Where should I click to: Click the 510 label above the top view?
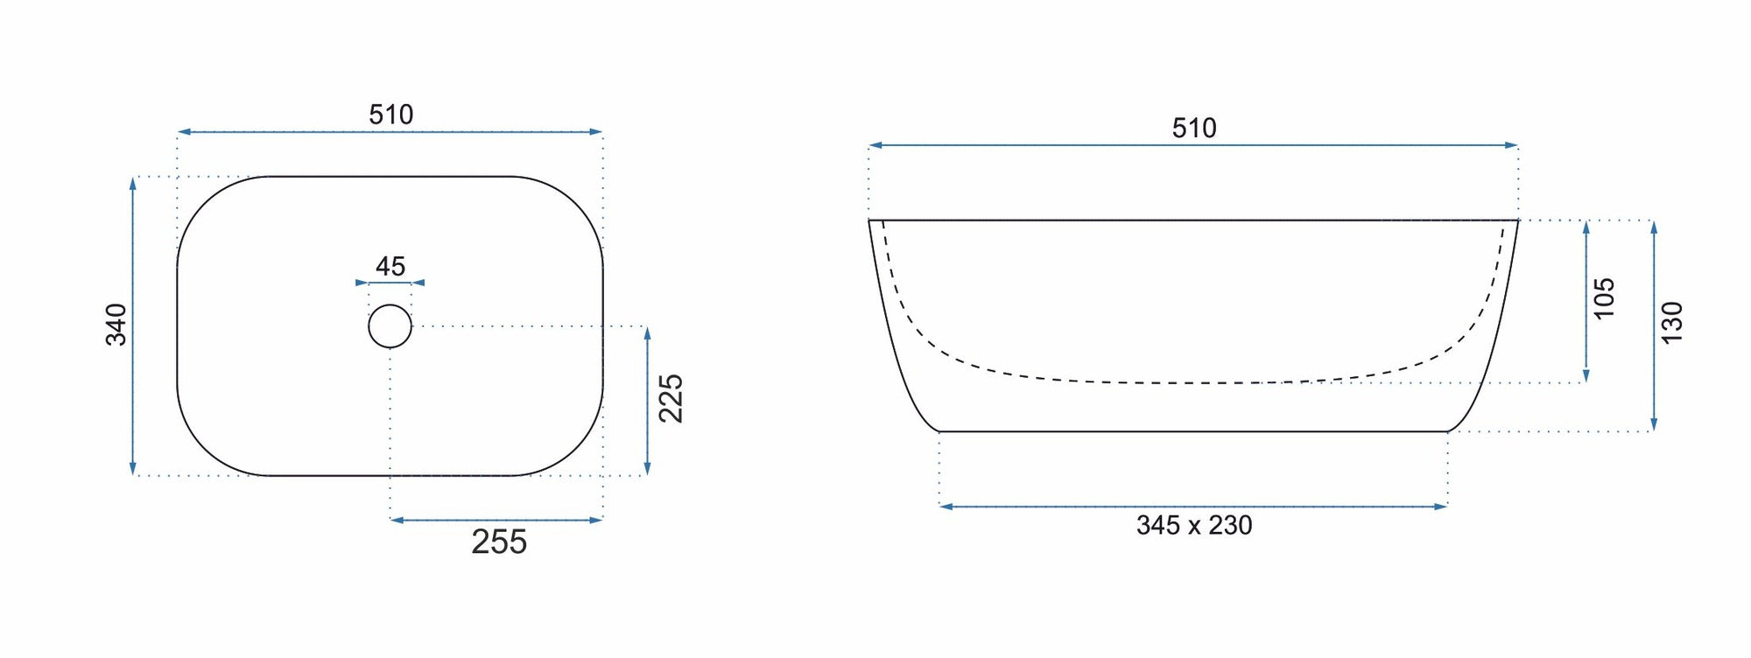(390, 115)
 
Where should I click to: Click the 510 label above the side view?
(1194, 129)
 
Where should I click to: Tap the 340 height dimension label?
(116, 325)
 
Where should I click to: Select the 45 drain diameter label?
(390, 266)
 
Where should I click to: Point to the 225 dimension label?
(671, 398)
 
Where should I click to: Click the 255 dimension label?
(499, 542)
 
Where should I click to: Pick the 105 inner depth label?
(1603, 298)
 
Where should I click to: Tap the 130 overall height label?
(1671, 323)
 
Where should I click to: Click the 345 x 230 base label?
(1194, 525)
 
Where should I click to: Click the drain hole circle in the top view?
(390, 305)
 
